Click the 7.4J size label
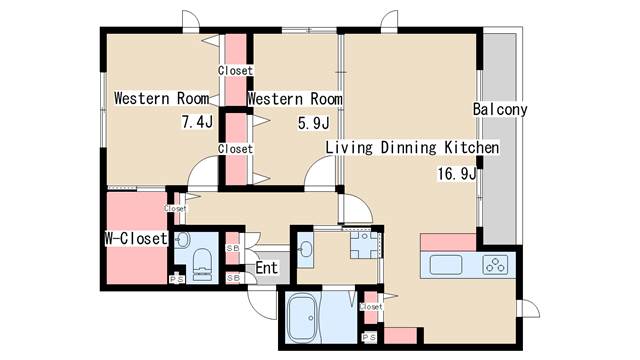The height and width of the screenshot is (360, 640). coord(197,122)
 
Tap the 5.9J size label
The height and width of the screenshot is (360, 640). coord(313,122)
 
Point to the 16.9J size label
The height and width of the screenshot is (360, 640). coord(457,173)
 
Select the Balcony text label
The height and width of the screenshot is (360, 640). coord(500,109)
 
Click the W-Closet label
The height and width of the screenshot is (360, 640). coord(136,238)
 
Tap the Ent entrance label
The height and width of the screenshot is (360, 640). coord(267,268)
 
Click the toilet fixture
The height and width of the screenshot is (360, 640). coord(202,264)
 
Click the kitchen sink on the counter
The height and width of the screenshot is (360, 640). coord(446,265)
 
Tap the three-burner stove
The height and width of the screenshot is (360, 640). coord(495,264)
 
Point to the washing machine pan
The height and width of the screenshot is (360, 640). coord(365,244)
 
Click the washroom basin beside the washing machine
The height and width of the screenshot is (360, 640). coord(305,248)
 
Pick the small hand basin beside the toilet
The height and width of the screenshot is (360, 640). coord(182,240)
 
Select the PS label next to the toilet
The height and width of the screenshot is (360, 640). coord(177,280)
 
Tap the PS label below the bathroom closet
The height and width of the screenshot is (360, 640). coord(369,338)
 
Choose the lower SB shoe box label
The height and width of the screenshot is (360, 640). coord(233,278)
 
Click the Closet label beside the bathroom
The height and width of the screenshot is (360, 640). coord(371,306)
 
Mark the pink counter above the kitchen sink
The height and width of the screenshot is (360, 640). coord(448,242)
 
